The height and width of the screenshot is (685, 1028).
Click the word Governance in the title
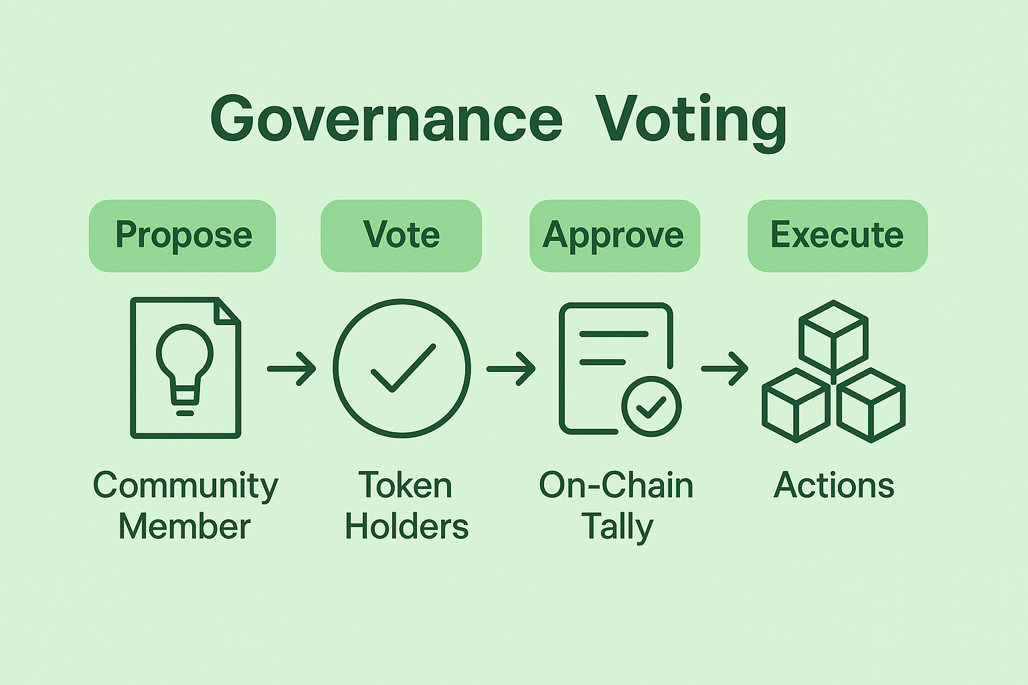tap(387, 119)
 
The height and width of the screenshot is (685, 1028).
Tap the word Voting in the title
tap(691, 120)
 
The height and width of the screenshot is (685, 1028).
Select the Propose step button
tap(183, 235)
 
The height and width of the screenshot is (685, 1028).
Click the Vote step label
tap(402, 235)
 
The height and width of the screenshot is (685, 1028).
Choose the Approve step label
tap(614, 235)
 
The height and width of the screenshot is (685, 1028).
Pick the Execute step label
tap(837, 235)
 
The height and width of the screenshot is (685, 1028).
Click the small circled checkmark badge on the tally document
tap(651, 406)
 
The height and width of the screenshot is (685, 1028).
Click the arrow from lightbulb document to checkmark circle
tap(292, 369)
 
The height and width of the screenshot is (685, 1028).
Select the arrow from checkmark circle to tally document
tap(511, 369)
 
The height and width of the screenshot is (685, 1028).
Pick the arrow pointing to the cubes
tap(725, 369)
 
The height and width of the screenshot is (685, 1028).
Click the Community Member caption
tap(185, 506)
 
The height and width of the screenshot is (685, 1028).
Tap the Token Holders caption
tap(406, 506)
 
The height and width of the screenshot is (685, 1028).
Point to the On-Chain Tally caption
tap(616, 506)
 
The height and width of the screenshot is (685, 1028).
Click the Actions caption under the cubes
tap(834, 486)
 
